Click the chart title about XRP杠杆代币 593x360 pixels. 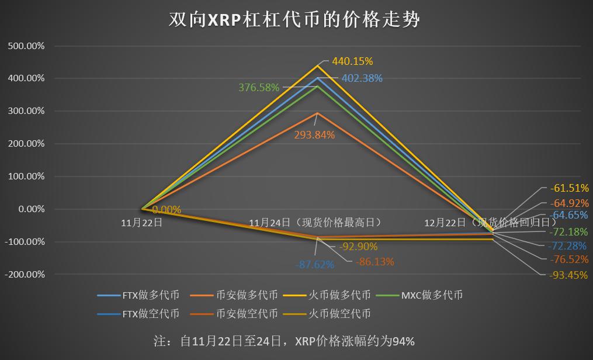(294, 19)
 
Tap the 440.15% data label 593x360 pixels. (352, 61)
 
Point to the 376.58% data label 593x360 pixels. (259, 87)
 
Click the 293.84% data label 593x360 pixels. (315, 135)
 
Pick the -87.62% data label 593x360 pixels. (315, 264)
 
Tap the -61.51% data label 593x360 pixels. (568, 188)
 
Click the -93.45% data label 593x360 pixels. (568, 275)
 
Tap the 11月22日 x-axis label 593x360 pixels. (141, 223)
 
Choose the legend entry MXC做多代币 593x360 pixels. (432, 295)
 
